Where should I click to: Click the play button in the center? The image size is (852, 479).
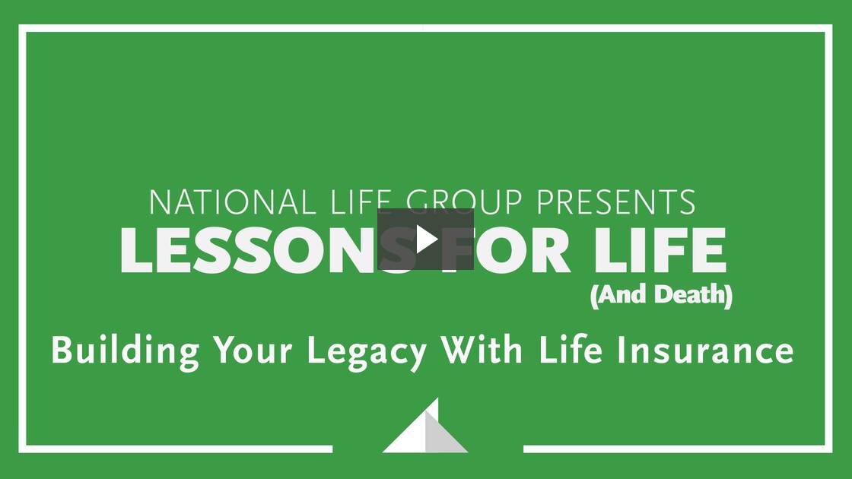point(425,239)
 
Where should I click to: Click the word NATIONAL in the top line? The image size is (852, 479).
point(229,202)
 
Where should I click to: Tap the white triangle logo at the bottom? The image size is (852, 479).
point(415,433)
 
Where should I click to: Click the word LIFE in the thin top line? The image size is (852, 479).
point(361,202)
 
